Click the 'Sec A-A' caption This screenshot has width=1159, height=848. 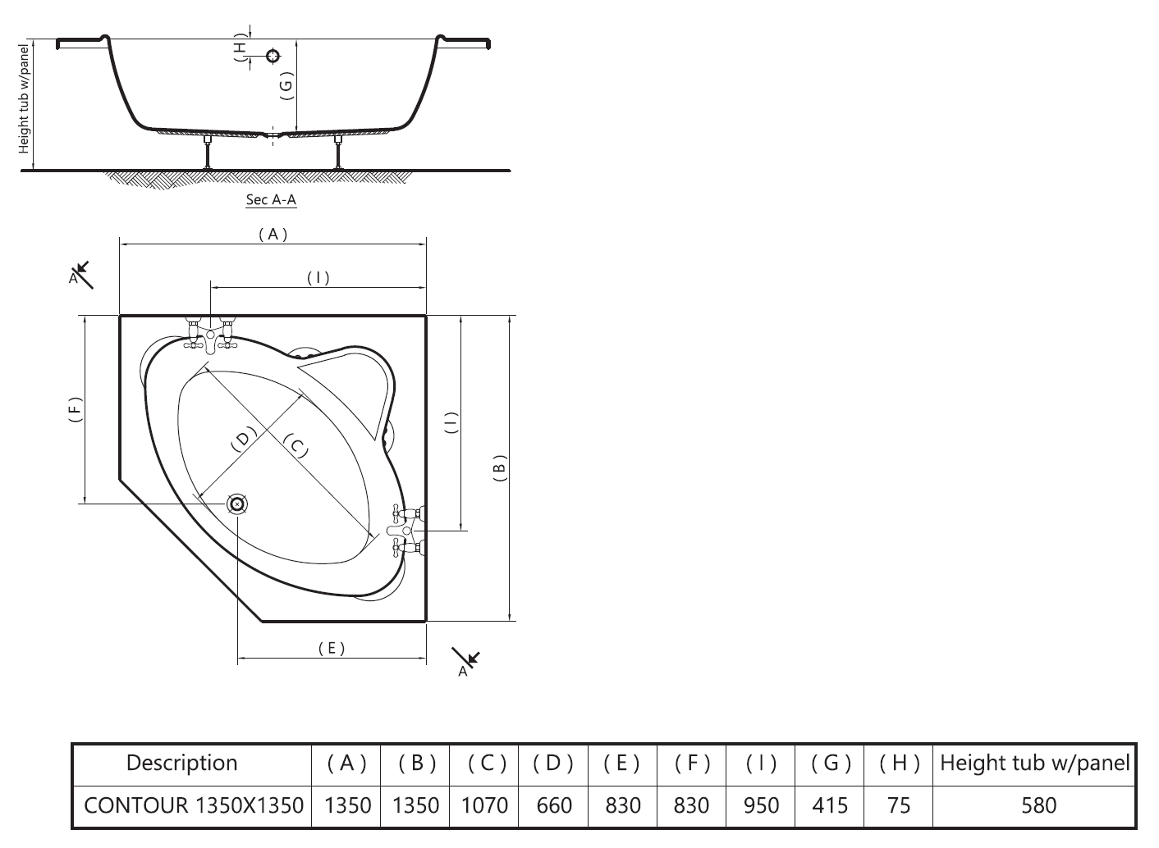[x=271, y=199]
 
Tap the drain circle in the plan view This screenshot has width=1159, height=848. [x=237, y=504]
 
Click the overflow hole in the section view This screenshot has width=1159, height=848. [x=273, y=55]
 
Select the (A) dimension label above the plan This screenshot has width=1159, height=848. [x=273, y=235]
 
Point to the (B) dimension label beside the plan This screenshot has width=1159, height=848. [x=499, y=468]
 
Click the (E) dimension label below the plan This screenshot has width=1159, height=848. [x=332, y=648]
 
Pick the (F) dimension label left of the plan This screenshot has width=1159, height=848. [x=76, y=409]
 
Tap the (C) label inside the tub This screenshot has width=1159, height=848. [x=296, y=445]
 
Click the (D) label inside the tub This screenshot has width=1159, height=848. [x=243, y=439]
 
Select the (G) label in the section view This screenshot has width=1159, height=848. [x=286, y=85]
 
